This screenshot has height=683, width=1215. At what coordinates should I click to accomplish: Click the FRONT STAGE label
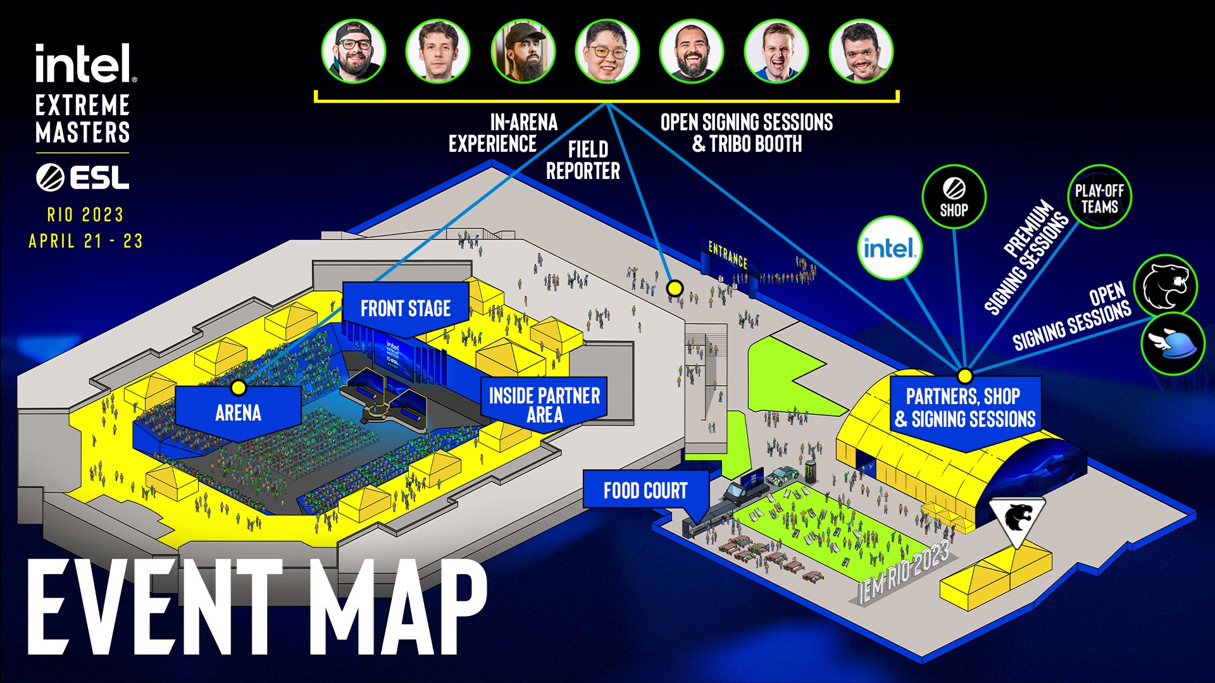click(x=406, y=308)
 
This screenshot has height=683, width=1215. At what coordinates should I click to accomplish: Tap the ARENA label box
click(x=238, y=413)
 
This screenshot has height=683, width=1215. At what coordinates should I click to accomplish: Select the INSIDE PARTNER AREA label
click(x=544, y=405)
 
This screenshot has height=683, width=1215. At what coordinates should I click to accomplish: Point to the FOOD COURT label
click(x=645, y=490)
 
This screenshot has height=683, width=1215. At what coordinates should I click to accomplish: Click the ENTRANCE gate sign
click(x=728, y=255)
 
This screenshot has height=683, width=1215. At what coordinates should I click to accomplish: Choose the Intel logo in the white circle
click(x=889, y=248)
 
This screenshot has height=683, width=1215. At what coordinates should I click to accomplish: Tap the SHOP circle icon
click(x=954, y=197)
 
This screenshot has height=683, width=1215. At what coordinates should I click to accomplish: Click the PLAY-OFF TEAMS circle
click(x=1100, y=197)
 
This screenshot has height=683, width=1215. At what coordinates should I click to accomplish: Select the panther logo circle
click(x=1166, y=286)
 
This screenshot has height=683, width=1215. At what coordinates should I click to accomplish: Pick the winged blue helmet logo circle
click(x=1173, y=345)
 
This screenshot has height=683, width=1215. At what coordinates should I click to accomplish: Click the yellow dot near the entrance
click(x=675, y=288)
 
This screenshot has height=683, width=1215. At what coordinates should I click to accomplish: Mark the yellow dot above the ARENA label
click(x=239, y=387)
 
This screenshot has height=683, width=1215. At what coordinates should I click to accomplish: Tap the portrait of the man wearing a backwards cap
click(x=353, y=51)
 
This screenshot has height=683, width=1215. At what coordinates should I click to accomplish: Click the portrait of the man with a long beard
click(x=523, y=51)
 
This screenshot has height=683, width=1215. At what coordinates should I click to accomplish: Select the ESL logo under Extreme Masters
click(x=82, y=177)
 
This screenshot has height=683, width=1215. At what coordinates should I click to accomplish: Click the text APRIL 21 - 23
click(x=86, y=241)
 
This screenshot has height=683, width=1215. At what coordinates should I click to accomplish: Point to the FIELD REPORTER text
click(x=583, y=160)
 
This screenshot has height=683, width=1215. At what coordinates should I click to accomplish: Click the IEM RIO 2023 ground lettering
click(x=904, y=572)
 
